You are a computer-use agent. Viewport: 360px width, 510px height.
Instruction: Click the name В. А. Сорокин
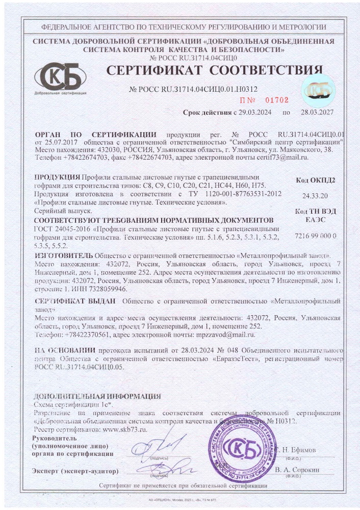coord(296,469)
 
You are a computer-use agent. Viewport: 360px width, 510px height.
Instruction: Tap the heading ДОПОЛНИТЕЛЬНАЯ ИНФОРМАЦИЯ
coord(97,396)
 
